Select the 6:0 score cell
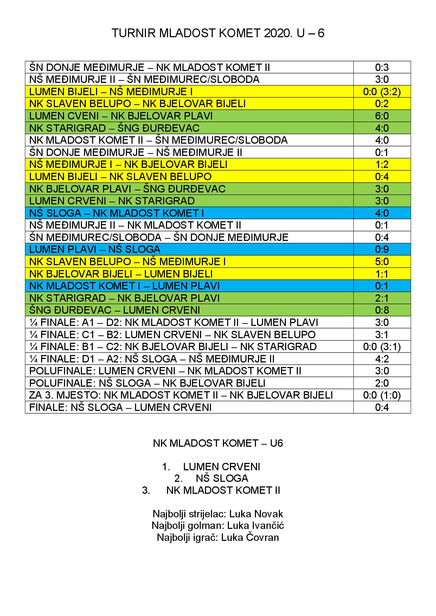[x=382, y=116]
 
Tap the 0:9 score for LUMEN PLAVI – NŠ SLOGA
[x=382, y=249]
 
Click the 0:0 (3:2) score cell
[x=382, y=92]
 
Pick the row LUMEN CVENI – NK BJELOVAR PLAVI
[x=121, y=116]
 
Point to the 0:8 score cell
[x=382, y=310]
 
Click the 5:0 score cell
[x=382, y=262]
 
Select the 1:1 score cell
[x=382, y=274]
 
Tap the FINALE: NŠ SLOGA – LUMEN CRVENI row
[x=120, y=407]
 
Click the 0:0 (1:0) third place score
[x=382, y=395]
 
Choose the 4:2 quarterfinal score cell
[x=382, y=359]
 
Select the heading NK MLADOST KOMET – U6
[x=218, y=443]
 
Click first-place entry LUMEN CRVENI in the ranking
[x=222, y=467]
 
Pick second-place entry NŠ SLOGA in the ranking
[x=222, y=478]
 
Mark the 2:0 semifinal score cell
[x=382, y=383]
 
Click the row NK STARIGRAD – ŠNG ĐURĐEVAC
[x=114, y=128]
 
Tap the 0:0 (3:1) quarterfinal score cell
[x=382, y=347]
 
